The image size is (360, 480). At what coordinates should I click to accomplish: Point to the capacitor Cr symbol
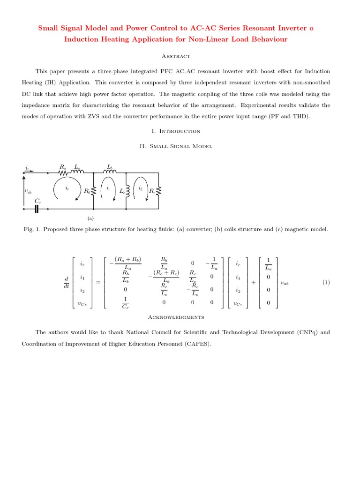click(x=36, y=209)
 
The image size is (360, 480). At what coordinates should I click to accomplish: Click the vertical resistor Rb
click(x=93, y=191)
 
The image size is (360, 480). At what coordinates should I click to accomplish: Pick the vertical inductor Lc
click(x=127, y=191)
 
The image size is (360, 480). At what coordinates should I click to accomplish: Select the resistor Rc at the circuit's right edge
click(x=158, y=191)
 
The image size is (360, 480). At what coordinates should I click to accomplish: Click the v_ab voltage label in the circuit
click(x=28, y=191)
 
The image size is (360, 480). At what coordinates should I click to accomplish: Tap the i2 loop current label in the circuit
click(x=141, y=188)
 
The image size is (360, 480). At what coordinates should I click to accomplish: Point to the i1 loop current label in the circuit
click(x=108, y=188)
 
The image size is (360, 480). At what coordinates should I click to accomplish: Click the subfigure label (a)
click(x=91, y=218)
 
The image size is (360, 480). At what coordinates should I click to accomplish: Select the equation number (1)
click(x=327, y=282)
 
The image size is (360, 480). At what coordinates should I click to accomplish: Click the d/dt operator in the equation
click(x=66, y=283)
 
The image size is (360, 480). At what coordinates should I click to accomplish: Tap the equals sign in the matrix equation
click(x=98, y=282)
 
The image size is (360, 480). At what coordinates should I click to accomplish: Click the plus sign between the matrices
click(x=253, y=282)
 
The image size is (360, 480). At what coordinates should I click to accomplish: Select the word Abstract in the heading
click(x=176, y=56)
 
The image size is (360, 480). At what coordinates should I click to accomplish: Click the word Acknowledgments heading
click(x=176, y=317)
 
